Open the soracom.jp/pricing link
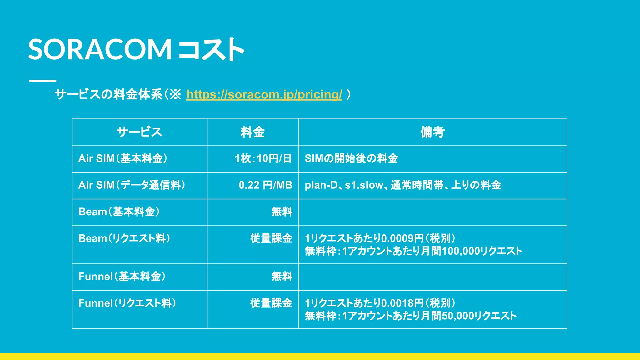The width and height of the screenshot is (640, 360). (264, 94)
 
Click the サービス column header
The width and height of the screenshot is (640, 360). (139, 132)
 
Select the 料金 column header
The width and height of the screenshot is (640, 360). (252, 132)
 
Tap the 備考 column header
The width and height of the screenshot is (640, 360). (432, 132)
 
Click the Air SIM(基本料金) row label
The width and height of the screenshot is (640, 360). (123, 158)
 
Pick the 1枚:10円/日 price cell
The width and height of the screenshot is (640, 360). (263, 158)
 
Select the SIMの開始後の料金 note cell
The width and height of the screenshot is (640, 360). (351, 158)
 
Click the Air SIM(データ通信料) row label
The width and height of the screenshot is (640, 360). (132, 185)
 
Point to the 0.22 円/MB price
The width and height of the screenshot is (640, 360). (265, 185)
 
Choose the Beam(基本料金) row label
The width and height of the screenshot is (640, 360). (119, 212)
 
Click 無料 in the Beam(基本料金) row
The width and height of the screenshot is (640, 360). (282, 212)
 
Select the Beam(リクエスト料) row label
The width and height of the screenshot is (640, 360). (124, 238)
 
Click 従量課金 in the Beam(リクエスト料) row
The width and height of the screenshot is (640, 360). (271, 238)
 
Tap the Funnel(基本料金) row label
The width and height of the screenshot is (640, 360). (122, 277)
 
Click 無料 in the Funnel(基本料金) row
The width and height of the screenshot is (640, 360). (282, 277)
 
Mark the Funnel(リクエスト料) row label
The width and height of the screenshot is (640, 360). (127, 303)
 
